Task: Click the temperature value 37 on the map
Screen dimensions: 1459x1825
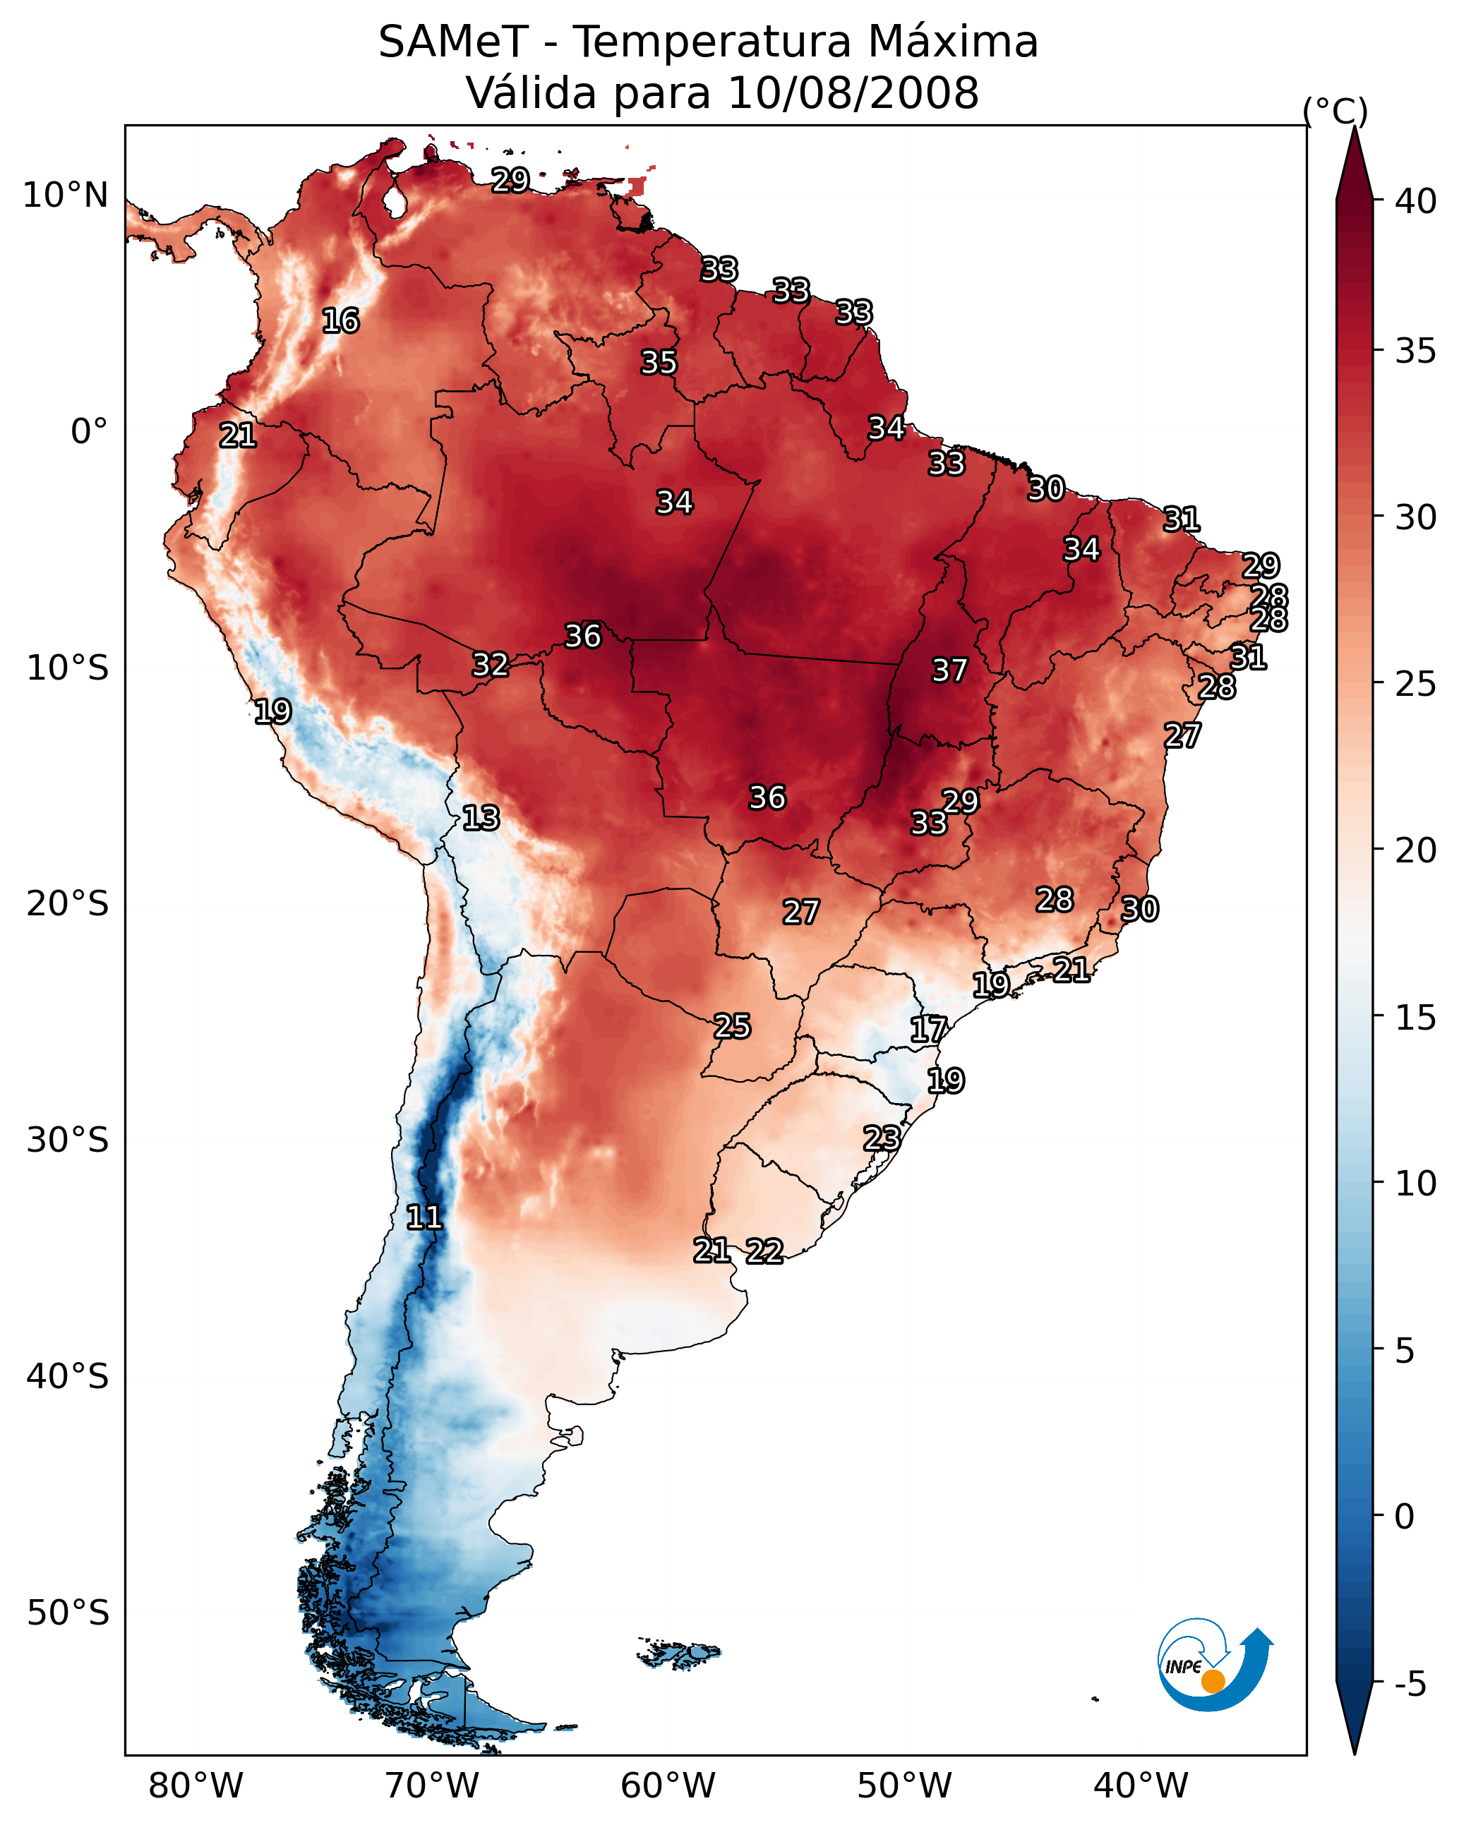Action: (x=949, y=670)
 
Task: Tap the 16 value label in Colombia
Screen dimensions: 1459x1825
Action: (x=340, y=321)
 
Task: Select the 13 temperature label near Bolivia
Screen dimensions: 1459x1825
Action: (x=481, y=818)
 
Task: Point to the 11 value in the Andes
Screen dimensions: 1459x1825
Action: (x=424, y=1217)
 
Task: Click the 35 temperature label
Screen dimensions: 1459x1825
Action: (x=659, y=362)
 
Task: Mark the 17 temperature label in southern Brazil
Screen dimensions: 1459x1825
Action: (x=929, y=1030)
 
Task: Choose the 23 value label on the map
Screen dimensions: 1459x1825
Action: (x=882, y=1138)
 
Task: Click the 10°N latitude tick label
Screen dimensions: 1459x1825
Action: (x=65, y=195)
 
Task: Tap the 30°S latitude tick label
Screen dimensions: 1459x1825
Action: (x=68, y=1140)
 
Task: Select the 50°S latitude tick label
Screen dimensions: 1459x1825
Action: (x=68, y=1613)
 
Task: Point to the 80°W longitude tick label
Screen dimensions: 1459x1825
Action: (x=196, y=1785)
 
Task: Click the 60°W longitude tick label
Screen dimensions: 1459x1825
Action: (x=668, y=1785)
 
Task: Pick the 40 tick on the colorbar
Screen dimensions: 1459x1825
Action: (x=1416, y=201)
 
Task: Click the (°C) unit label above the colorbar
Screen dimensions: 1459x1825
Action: (x=1335, y=111)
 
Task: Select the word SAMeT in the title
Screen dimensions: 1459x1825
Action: (x=453, y=42)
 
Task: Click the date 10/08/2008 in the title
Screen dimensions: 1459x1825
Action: (x=853, y=93)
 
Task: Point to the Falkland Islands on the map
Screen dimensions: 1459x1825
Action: (x=679, y=1654)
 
